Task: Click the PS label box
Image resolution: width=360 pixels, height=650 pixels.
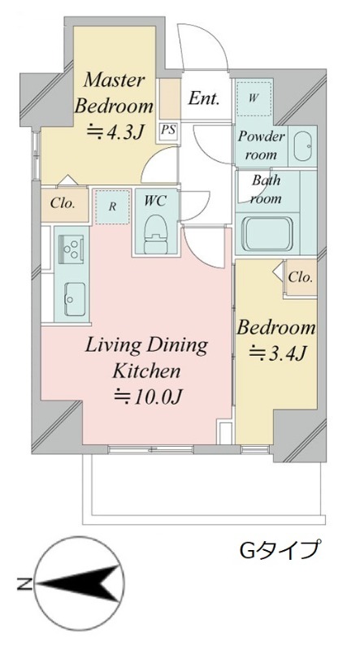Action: tap(168, 131)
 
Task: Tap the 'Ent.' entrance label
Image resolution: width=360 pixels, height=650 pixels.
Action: tap(203, 98)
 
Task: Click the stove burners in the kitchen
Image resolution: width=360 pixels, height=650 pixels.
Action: tap(72, 249)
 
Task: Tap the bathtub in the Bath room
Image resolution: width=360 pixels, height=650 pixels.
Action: tap(269, 233)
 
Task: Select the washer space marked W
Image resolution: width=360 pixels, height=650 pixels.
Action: tap(253, 97)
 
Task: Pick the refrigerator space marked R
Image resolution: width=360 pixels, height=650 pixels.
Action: tap(112, 207)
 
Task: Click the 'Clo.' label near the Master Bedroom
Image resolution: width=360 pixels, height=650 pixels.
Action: tap(63, 204)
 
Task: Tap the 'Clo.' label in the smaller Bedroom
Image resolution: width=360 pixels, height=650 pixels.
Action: tap(301, 277)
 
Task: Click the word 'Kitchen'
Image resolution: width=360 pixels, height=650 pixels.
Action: tap(147, 370)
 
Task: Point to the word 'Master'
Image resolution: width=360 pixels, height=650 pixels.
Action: tap(114, 80)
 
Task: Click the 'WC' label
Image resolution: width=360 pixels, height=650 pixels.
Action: tap(155, 201)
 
